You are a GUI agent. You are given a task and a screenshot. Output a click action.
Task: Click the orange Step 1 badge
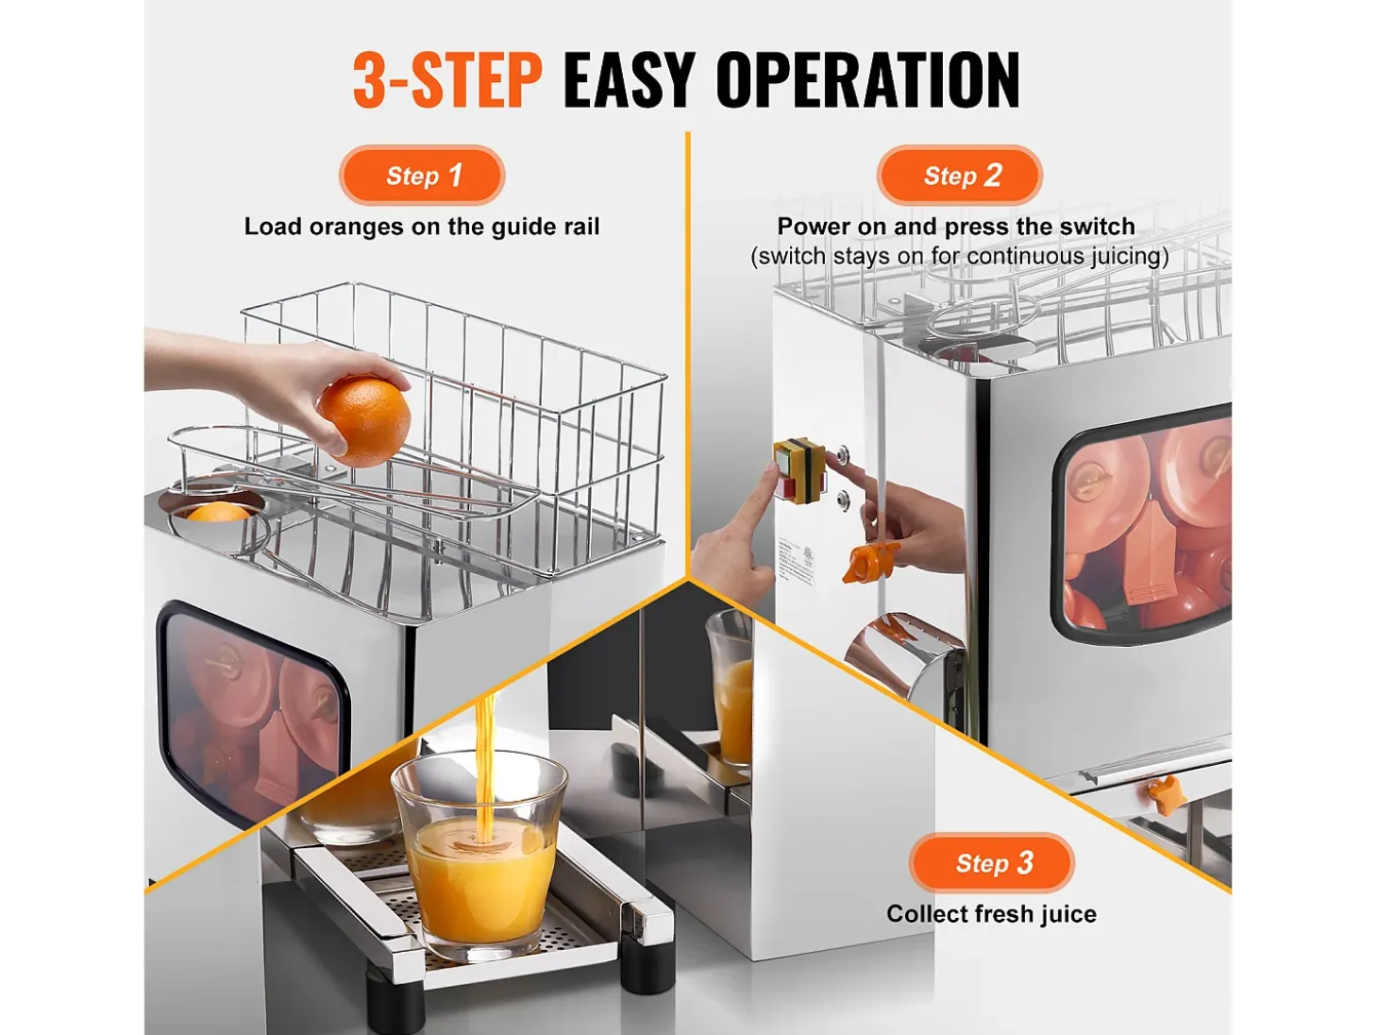click(422, 176)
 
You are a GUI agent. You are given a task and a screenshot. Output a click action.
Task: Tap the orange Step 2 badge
click(959, 176)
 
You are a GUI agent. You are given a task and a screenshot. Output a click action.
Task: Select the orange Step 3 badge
click(991, 863)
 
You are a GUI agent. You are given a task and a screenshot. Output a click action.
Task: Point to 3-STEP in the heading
click(447, 79)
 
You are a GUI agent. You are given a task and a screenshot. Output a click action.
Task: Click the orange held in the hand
click(364, 421)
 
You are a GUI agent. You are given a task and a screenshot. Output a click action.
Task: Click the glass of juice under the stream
click(479, 857)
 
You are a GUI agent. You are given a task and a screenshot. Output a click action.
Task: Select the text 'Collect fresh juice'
click(991, 914)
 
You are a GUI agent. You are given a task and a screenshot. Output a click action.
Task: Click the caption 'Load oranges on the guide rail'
click(422, 227)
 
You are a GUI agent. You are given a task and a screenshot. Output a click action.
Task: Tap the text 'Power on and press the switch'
click(956, 226)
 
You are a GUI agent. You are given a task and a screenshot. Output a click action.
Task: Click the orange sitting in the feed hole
click(218, 513)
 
